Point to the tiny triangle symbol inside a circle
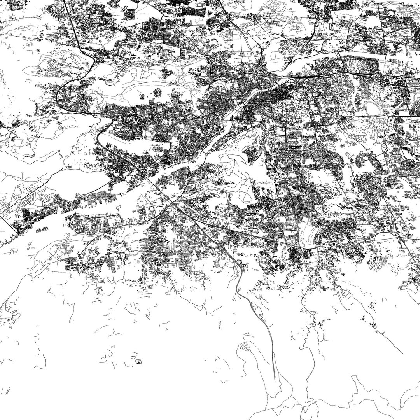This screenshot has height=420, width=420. (138, 362)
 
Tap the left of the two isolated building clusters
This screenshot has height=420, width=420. (39, 230)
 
